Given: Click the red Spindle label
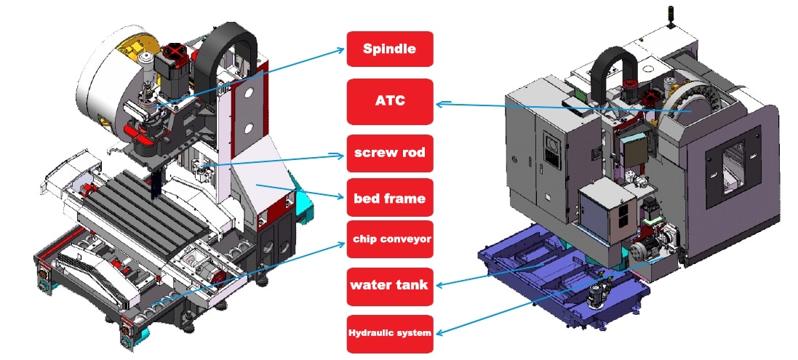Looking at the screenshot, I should tap(390, 49).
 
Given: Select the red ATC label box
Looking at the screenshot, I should tap(390, 101).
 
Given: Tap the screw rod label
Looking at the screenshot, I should tap(390, 153).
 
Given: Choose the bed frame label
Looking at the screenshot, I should tap(390, 197).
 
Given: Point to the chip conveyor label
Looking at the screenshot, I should tap(390, 239).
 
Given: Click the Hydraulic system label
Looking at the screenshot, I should tap(390, 332).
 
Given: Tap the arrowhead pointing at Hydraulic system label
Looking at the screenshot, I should tap(439, 332).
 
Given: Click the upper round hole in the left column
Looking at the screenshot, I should tap(249, 92).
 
